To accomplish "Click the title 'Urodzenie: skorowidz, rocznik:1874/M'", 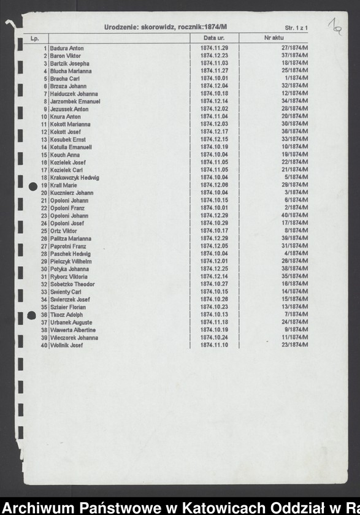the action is (x=166, y=28).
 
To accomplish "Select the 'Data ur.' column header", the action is (x=214, y=38).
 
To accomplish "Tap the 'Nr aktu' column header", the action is (x=273, y=38).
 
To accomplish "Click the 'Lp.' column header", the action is (x=35, y=39).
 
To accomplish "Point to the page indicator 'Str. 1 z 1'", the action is (x=296, y=28).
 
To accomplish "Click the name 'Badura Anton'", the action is (x=67, y=48).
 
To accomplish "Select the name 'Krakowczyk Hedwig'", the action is (x=74, y=178).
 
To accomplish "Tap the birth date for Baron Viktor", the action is (x=214, y=55).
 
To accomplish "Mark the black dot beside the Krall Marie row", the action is (x=33, y=185).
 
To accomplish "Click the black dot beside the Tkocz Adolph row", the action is (x=33, y=315).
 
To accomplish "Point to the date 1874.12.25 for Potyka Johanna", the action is (x=214, y=269).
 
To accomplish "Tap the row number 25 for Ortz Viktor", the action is (x=44, y=231).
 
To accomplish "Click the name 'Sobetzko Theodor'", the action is (x=72, y=284).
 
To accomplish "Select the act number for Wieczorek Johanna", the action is (x=294, y=338).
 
